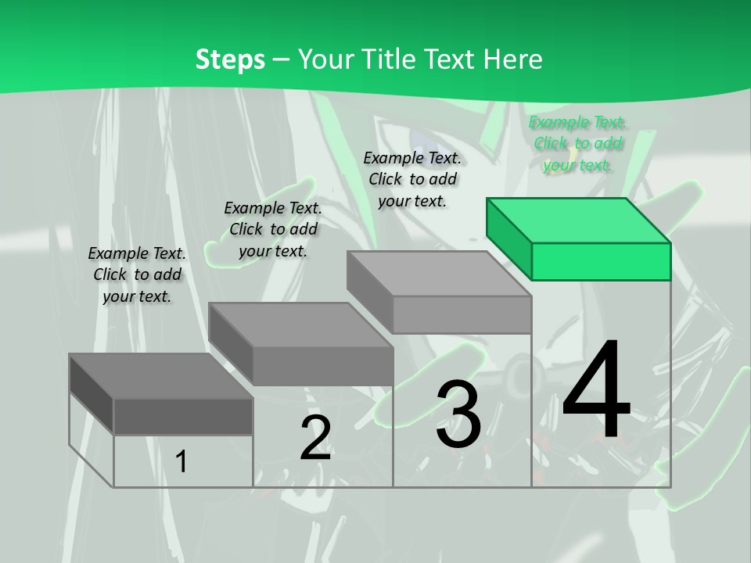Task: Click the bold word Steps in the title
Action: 230,59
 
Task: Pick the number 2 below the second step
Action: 315,438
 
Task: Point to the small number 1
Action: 181,461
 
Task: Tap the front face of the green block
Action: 601,261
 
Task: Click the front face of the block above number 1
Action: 183,416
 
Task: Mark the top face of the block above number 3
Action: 438,274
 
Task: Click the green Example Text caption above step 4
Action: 577,143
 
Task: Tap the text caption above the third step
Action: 412,179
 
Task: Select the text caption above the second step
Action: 273,229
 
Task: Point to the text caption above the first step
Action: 137,274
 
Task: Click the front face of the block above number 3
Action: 462,314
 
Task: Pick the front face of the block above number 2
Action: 322,365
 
